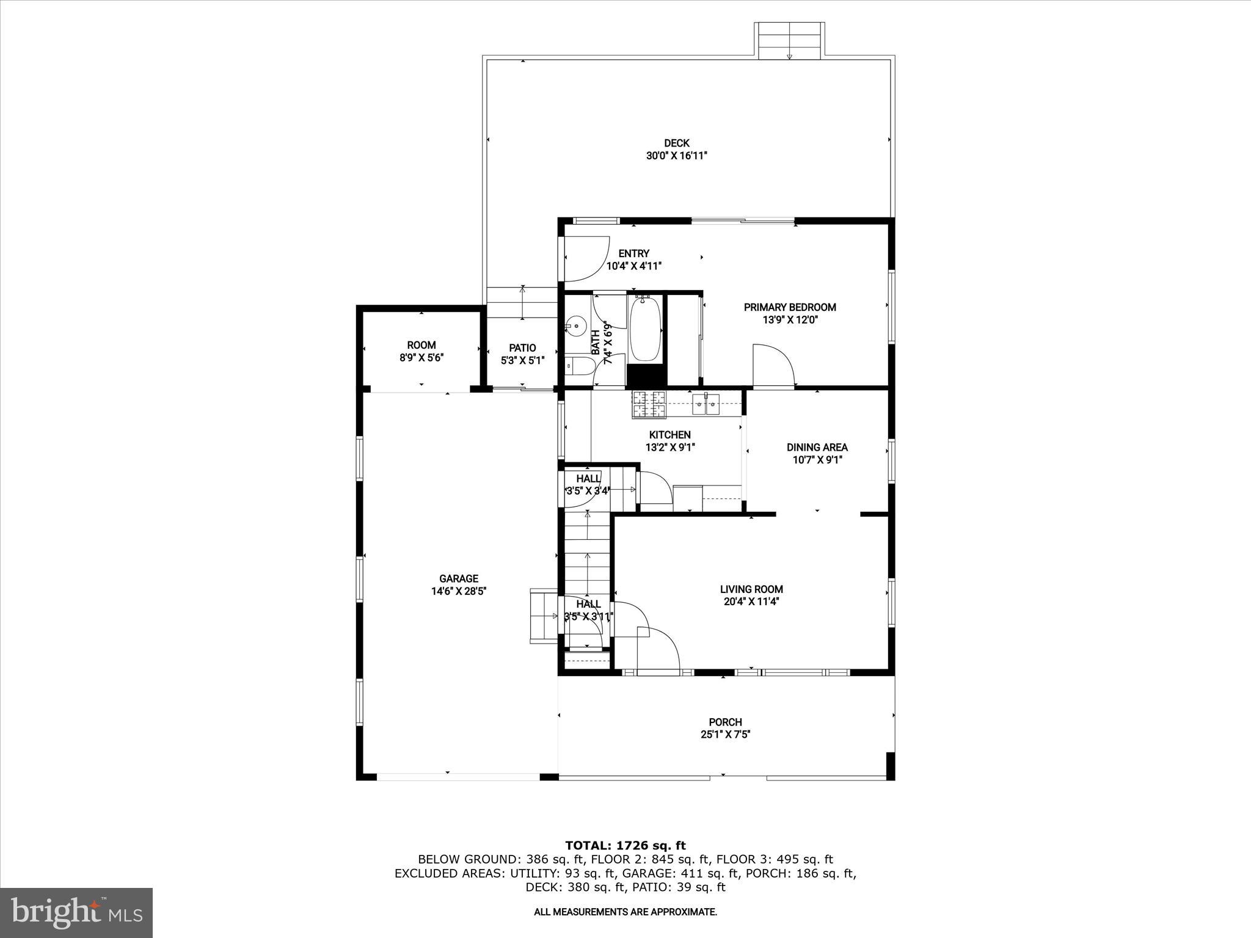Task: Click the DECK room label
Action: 676,144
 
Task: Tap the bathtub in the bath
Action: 645,330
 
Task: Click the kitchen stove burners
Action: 649,404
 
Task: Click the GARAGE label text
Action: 459,578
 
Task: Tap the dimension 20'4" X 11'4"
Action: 751,602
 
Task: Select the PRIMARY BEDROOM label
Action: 790,307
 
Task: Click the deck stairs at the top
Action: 789,41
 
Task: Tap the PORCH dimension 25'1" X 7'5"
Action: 725,735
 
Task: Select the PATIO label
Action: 522,348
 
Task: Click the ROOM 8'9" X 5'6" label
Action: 421,351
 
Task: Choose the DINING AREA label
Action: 817,448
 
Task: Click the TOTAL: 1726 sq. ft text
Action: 625,846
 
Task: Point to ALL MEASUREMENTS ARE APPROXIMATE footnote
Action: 625,912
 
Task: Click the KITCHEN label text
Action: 669,435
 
